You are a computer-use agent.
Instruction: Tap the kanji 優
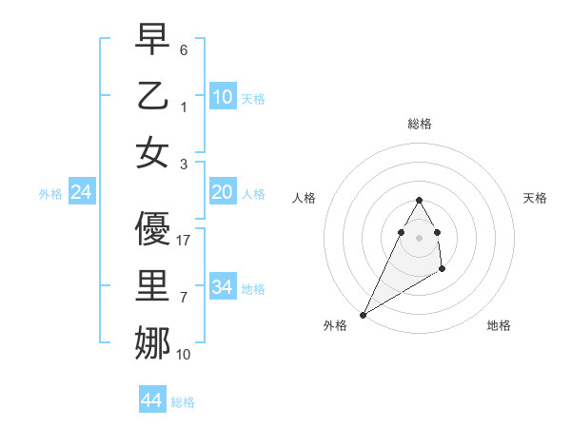tap(152, 228)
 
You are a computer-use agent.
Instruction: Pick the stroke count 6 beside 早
tap(184, 49)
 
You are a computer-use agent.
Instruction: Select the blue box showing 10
tap(223, 96)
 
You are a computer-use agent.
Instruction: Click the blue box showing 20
tap(223, 192)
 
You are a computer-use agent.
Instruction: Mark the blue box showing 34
tap(223, 287)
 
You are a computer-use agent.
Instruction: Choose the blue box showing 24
tap(82, 192)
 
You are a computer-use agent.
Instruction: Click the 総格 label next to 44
tap(183, 402)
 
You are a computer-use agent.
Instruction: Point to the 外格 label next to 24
tap(50, 194)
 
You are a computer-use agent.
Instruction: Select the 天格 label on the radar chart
tap(535, 198)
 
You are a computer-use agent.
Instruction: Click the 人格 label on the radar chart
tap(304, 198)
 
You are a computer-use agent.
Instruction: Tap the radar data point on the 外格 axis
tap(363, 315)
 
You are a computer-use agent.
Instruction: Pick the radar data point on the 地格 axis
tap(443, 270)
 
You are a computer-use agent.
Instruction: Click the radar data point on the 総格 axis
tap(419, 200)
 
